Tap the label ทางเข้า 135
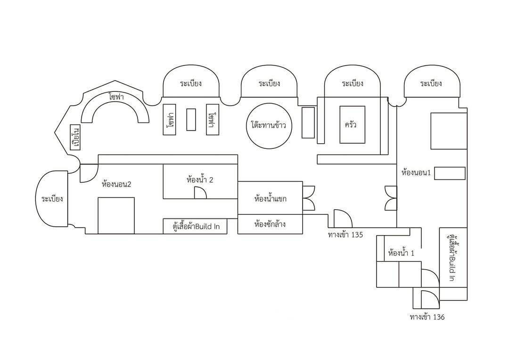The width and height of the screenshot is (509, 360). click(x=345, y=235)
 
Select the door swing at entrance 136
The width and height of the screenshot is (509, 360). click(x=429, y=298)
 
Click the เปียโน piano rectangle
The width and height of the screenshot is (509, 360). click(x=74, y=138)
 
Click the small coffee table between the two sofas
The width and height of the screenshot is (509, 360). click(x=191, y=119)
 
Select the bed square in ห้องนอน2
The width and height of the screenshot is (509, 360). click(x=116, y=215)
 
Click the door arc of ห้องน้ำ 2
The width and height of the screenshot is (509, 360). click(x=200, y=192)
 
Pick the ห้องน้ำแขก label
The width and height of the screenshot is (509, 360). click(x=270, y=199)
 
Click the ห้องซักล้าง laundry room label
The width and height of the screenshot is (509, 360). click(x=270, y=224)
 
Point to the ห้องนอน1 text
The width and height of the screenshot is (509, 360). click(x=416, y=173)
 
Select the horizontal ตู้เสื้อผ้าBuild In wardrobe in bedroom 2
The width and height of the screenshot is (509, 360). click(x=195, y=226)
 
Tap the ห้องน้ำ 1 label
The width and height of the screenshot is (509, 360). click(x=401, y=254)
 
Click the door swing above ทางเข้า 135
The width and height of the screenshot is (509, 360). click(x=343, y=219)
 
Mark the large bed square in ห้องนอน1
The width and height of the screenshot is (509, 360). click(x=448, y=131)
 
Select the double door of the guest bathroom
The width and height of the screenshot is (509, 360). click(x=309, y=198)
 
